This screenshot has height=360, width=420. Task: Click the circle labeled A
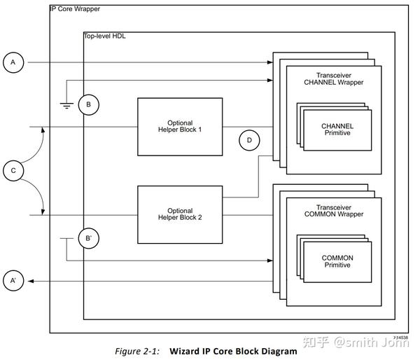12,63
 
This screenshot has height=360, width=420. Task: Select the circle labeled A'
12,282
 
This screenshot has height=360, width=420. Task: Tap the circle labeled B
88,105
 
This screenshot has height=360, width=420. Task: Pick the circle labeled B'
88,238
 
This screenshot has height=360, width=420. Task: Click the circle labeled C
12,170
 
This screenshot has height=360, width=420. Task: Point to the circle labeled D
248,140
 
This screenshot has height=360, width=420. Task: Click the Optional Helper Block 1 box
180,126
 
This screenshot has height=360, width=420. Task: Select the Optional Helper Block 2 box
180,214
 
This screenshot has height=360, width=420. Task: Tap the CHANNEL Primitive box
337,130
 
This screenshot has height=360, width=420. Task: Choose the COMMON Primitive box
337,262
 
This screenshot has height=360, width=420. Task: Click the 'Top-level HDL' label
105,35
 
